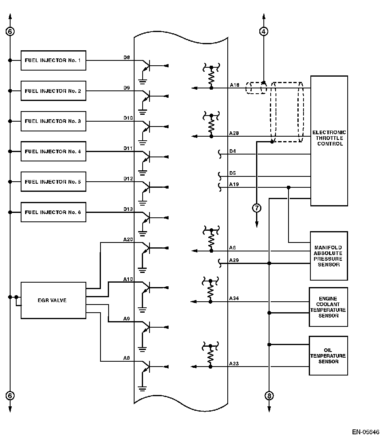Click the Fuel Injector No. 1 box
coord(53,60)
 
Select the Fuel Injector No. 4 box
coord(53,152)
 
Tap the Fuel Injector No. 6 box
coord(53,212)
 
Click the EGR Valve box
coord(53,300)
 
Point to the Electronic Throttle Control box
coord(329,140)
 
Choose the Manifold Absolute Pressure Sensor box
coord(329,256)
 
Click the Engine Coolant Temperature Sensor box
coord(328,307)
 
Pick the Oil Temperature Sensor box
coord(328,356)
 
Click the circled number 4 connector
coord(264,31)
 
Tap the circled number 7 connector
coord(257,208)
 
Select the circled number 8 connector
coord(269,395)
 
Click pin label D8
coord(127,58)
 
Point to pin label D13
coord(128,209)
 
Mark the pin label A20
coord(128,239)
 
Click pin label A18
coord(234,85)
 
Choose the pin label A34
coord(234,298)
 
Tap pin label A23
coord(234,364)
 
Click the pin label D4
coord(233,151)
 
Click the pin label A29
coord(234,260)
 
